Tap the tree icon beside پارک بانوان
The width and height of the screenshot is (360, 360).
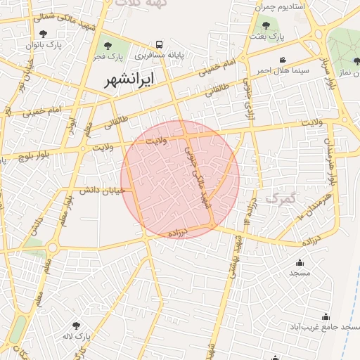click(x=44, y=34)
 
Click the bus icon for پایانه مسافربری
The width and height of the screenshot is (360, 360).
click(x=160, y=44)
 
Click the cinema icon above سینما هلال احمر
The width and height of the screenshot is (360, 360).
click(x=283, y=60)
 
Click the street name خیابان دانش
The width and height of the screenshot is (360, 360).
click(x=102, y=190)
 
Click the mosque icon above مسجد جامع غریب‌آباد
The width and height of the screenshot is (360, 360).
click(x=325, y=316)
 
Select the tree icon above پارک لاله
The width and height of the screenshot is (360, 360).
click(x=76, y=325)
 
